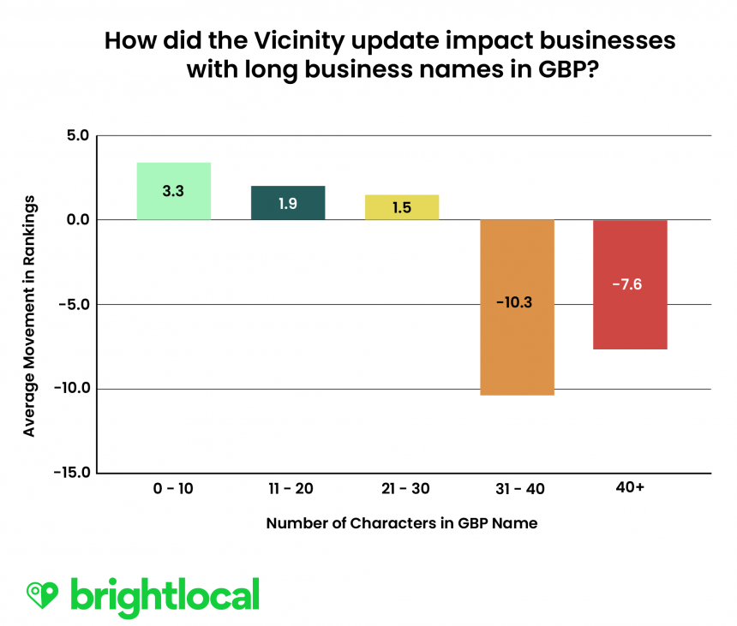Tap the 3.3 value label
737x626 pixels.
click(x=173, y=191)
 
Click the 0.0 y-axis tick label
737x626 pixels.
click(x=77, y=220)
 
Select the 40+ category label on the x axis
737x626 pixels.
click(x=630, y=489)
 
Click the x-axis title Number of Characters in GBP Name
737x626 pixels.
click(x=402, y=523)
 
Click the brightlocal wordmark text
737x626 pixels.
click(x=165, y=593)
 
